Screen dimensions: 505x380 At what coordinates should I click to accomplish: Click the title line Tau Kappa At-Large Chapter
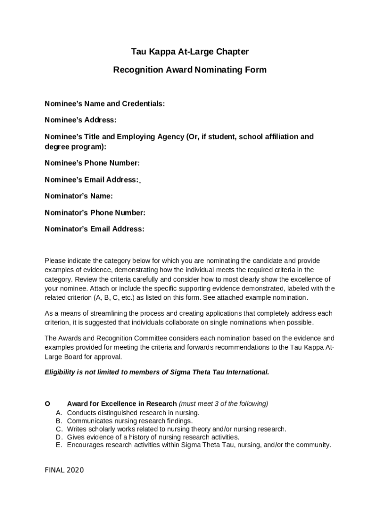tap(190, 52)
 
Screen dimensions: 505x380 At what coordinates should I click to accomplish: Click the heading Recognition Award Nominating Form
tap(190, 70)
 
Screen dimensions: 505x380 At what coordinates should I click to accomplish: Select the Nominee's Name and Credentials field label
tap(105, 104)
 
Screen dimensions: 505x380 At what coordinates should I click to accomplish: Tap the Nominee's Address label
tap(80, 120)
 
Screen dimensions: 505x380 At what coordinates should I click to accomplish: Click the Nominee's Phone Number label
tap(92, 163)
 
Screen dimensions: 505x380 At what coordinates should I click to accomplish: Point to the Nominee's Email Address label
tap(92, 180)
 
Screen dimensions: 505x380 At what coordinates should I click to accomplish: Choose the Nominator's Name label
tap(78, 196)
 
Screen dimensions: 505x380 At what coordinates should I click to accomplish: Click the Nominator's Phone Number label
tap(95, 213)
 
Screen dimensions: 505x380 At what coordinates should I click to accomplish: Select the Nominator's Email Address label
tap(94, 229)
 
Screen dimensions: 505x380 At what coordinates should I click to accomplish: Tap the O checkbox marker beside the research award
tap(47, 404)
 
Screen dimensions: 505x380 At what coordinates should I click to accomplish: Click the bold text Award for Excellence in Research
tap(121, 404)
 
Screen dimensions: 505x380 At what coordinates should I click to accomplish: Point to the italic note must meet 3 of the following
tap(224, 404)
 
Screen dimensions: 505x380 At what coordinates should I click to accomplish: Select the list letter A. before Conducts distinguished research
tap(59, 413)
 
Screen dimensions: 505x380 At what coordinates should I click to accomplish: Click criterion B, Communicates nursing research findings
tap(130, 421)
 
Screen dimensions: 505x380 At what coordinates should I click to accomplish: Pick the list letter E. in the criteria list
tap(59, 445)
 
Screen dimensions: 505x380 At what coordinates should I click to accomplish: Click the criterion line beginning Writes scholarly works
tap(176, 429)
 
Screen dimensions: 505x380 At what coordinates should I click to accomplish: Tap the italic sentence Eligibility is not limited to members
tap(157, 372)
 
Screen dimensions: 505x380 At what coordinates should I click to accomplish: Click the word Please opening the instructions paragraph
tap(55, 261)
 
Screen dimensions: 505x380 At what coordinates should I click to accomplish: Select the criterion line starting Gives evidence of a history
tap(153, 437)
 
